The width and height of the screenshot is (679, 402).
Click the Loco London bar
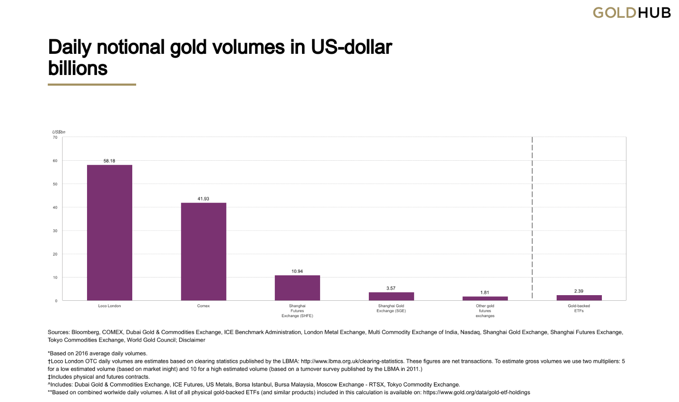pyautogui.click(x=109, y=233)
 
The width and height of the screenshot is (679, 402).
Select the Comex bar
pyautogui.click(x=203, y=252)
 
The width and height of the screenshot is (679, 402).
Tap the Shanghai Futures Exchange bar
pyautogui.click(x=297, y=288)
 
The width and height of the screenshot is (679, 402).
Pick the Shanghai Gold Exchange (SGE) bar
pyautogui.click(x=391, y=296)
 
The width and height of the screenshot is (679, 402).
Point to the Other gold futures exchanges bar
pyautogui.click(x=485, y=298)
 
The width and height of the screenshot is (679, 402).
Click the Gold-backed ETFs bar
pyautogui.click(x=579, y=298)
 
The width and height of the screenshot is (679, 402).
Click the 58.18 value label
pyautogui.click(x=109, y=161)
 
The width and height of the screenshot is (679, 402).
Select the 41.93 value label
pyautogui.click(x=203, y=199)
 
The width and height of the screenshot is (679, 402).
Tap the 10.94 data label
pyautogui.click(x=297, y=271)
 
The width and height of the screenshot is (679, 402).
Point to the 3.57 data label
pyautogui.click(x=391, y=288)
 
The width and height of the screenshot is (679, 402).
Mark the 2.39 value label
pyautogui.click(x=579, y=291)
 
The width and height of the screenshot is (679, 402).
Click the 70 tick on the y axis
pyautogui.click(x=55, y=137)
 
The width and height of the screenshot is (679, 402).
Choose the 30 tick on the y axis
pyautogui.click(x=55, y=231)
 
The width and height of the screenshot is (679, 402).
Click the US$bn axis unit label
pyautogui.click(x=59, y=132)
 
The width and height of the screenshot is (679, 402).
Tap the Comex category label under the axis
pyautogui.click(x=203, y=306)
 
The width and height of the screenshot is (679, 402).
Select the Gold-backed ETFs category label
pyautogui.click(x=579, y=309)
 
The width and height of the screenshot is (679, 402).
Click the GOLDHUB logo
pyautogui.click(x=632, y=13)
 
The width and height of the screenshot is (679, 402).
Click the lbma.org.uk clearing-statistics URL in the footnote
pyautogui.click(x=352, y=361)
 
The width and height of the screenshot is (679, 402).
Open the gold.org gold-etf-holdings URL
pyautogui.click(x=477, y=393)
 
